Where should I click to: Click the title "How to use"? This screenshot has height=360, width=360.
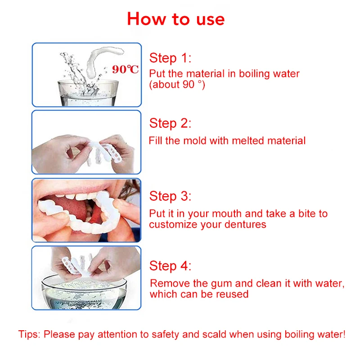[175, 19]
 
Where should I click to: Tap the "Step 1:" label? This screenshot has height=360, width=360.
[170, 58]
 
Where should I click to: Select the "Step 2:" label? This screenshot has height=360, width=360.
[170, 123]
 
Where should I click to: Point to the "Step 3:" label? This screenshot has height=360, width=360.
[170, 196]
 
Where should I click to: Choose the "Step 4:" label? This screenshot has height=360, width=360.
[170, 266]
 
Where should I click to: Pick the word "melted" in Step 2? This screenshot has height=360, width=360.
[248, 141]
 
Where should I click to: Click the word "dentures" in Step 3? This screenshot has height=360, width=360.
[247, 224]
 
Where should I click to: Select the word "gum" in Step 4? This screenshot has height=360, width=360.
[216, 283]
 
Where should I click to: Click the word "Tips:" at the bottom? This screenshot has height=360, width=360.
[29, 334]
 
